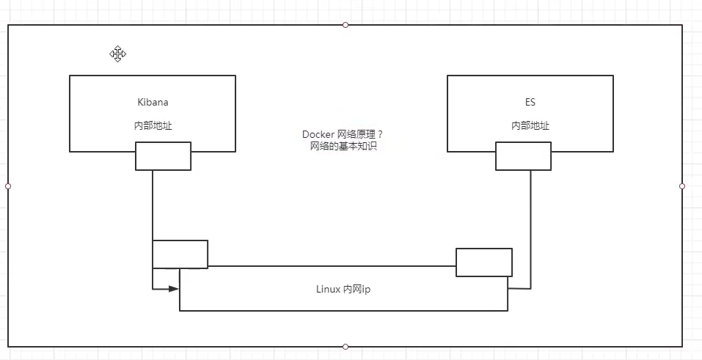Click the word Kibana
point(153,102)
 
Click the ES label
point(530,102)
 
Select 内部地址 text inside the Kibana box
point(153,125)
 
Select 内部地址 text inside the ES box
point(530,125)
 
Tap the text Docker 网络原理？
point(343,135)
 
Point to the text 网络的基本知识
point(343,147)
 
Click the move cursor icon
point(118,54)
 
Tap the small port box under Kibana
point(163,156)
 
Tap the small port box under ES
point(523,156)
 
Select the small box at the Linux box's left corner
point(180,254)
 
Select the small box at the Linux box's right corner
point(483,262)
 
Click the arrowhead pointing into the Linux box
point(174,289)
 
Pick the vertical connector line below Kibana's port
point(153,205)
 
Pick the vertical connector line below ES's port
point(530,227)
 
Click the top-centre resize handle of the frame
point(345,25)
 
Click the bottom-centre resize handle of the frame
point(345,347)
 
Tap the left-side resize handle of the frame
point(8,186)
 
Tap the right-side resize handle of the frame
point(682,186)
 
